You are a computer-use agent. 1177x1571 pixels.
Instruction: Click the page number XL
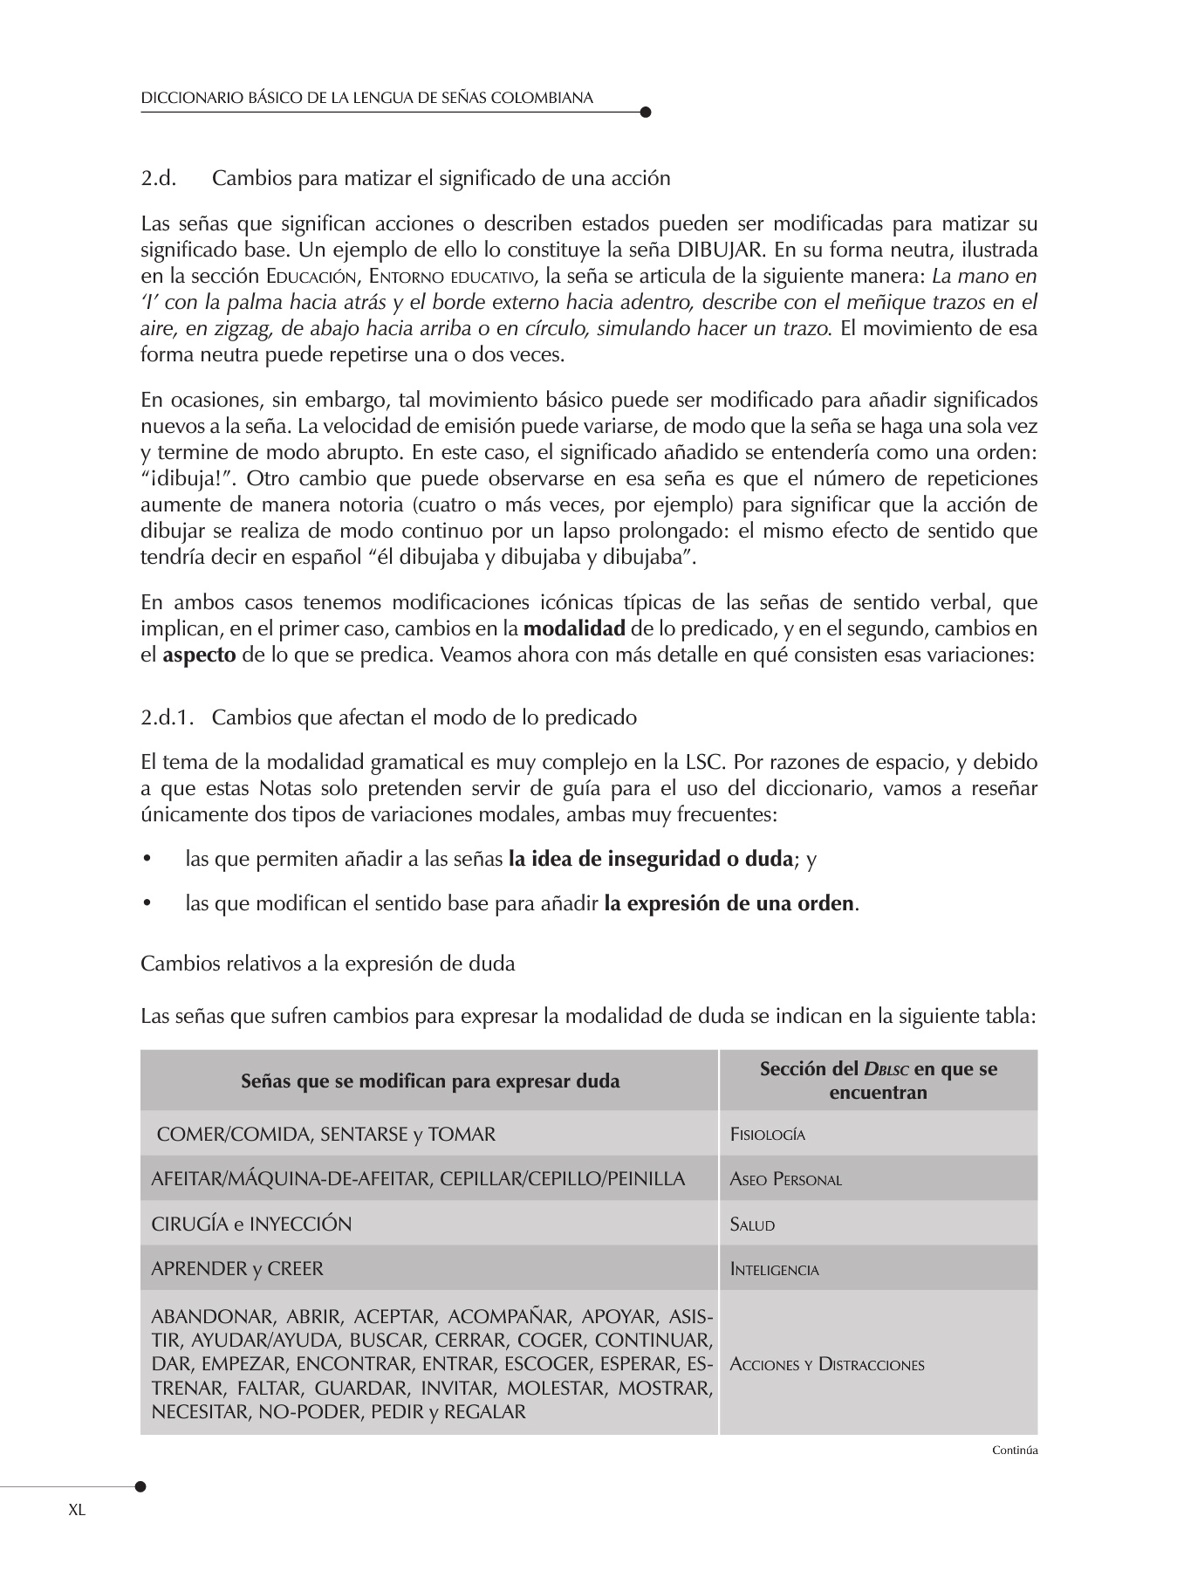77,1511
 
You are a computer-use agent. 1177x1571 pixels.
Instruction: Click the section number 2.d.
158,179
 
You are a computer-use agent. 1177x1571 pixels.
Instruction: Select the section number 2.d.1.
167,717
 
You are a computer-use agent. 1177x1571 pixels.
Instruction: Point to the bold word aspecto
199,655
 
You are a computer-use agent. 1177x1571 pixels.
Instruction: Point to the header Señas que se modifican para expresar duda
430,1081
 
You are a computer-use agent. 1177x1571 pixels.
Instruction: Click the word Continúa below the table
1015,1451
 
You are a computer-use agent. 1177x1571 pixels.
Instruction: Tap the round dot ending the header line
646,112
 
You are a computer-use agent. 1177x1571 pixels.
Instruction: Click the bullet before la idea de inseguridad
147,860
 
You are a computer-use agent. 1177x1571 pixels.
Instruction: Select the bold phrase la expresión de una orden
729,903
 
